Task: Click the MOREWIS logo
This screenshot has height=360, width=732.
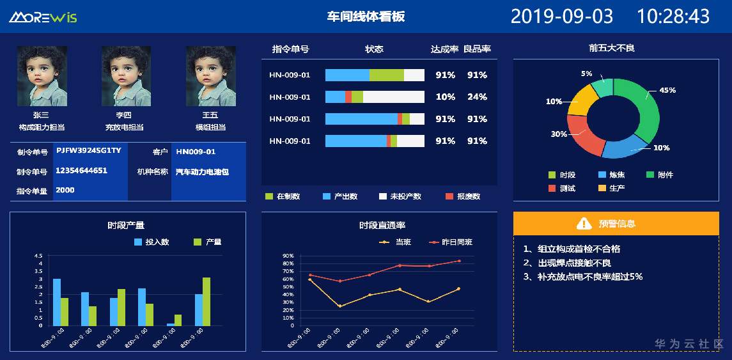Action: [x=43, y=17]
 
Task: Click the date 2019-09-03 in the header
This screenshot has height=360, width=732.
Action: [x=561, y=16]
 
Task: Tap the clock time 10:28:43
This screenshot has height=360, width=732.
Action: [x=673, y=16]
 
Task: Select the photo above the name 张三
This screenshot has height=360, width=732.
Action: [x=42, y=75]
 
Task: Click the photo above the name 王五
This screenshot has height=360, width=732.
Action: [x=210, y=75]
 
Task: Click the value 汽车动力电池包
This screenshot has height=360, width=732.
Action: [x=202, y=171]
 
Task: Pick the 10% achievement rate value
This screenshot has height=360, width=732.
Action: [x=445, y=97]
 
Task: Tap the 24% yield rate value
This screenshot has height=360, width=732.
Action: [x=477, y=97]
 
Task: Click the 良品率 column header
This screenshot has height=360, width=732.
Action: [x=477, y=49]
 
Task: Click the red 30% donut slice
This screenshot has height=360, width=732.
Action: [x=579, y=136]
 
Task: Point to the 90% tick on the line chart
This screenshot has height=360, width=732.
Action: [x=288, y=256]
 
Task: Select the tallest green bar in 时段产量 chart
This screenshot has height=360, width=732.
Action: [x=206, y=301]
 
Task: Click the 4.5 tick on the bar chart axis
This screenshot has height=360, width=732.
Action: [x=40, y=256]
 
